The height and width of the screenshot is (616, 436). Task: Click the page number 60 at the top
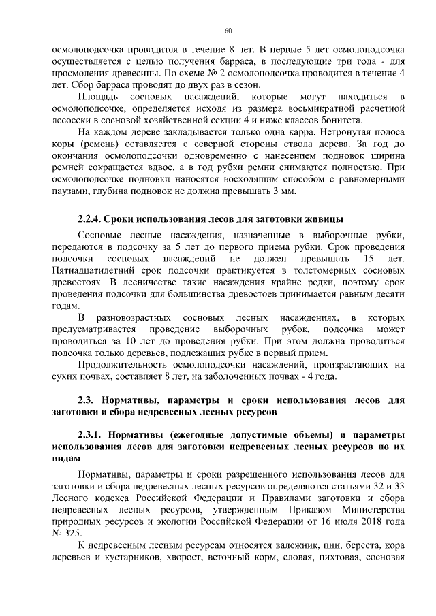[228, 30]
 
